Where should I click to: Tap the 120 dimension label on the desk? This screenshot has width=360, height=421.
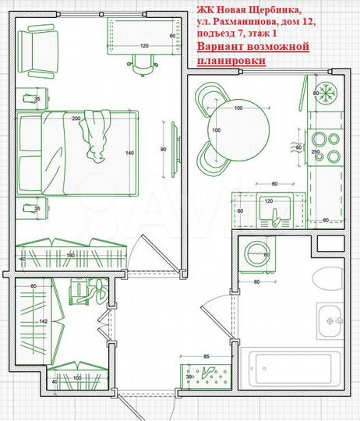[x=143, y=47]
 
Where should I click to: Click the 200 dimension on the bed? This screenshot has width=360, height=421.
[x=76, y=119]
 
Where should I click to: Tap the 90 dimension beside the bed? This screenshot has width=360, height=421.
[x=162, y=148]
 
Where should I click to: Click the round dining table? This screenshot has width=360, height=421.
[x=234, y=128]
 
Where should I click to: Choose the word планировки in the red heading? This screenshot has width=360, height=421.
[x=231, y=60]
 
